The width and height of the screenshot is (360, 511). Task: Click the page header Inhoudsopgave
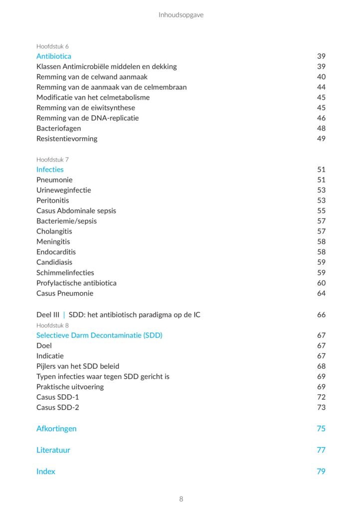(181, 15)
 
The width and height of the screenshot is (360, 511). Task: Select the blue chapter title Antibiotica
(54, 56)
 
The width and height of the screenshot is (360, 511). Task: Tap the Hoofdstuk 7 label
(52, 160)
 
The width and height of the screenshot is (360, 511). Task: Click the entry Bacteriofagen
(58, 128)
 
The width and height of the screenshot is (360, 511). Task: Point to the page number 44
(321, 87)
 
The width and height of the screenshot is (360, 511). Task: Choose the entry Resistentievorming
(67, 139)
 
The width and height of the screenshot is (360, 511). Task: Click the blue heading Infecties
(50, 170)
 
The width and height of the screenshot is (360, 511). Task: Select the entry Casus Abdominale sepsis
(76, 211)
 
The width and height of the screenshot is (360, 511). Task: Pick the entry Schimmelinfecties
(65, 273)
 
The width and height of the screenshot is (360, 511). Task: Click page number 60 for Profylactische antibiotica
(321, 283)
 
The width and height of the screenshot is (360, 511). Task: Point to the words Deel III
(48, 315)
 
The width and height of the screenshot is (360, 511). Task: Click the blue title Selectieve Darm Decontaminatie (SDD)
(99, 335)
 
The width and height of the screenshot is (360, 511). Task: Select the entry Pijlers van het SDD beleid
(78, 366)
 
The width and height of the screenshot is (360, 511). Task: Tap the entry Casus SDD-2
(58, 408)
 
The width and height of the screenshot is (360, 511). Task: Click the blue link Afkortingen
(56, 429)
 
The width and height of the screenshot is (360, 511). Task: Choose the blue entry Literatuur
(53, 450)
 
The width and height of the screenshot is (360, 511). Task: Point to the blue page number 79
(321, 472)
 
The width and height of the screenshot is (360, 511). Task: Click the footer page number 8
(181, 499)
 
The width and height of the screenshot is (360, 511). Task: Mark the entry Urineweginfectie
(64, 190)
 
